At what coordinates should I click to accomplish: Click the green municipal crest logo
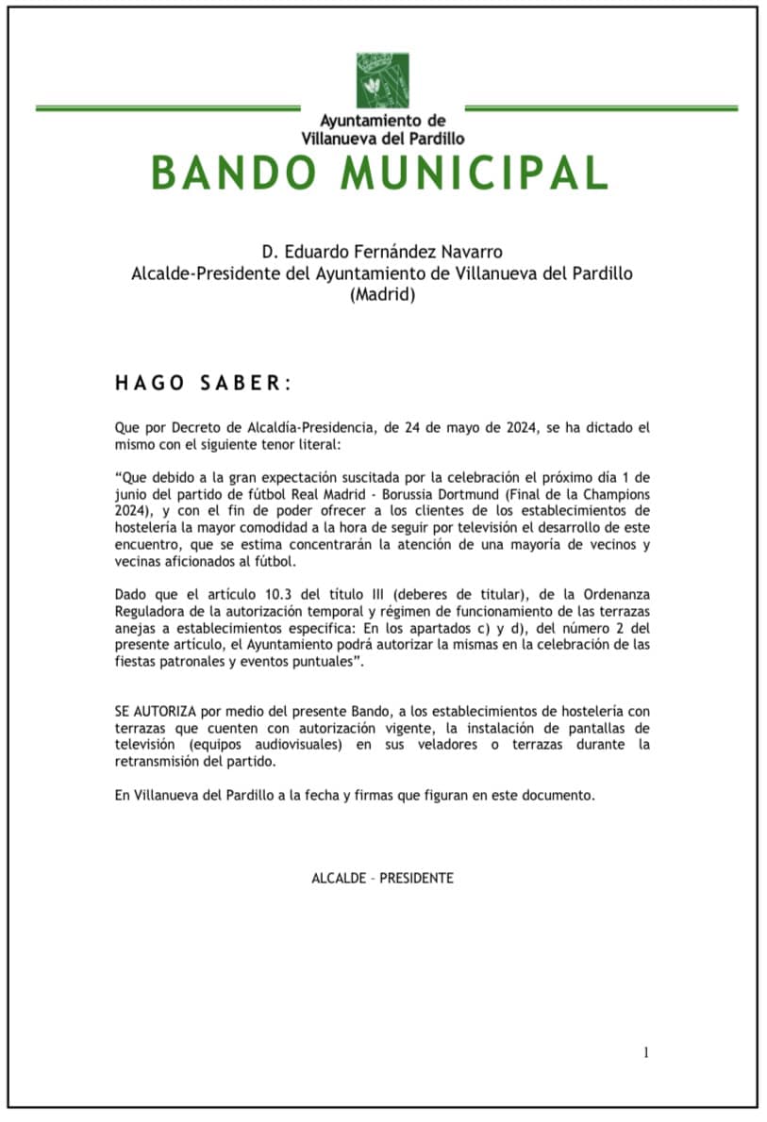(x=382, y=80)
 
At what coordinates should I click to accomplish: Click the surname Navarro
(x=473, y=252)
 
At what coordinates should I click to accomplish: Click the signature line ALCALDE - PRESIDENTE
(x=382, y=878)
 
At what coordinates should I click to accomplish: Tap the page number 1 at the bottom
(x=646, y=1053)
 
